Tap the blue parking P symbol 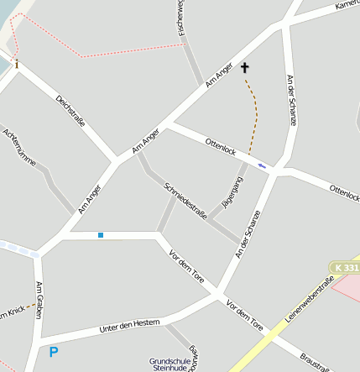coord(54,353)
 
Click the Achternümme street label coord(20,148)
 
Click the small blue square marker coord(101,235)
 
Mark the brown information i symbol coord(16,64)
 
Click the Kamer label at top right coord(347,5)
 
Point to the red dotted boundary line coord(126,50)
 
